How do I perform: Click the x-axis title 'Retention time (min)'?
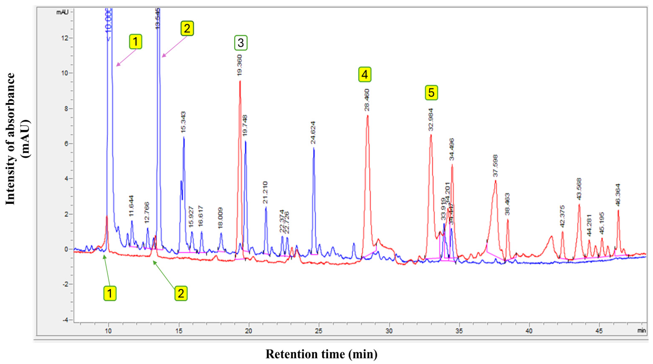click(321, 354)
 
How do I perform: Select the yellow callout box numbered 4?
click(365, 74)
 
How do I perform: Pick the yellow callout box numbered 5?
click(431, 93)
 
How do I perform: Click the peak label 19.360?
click(239, 65)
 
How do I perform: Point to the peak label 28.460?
click(367, 100)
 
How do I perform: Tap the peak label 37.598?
click(495, 166)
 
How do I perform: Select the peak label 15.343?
click(183, 122)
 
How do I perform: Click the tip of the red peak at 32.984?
click(431, 135)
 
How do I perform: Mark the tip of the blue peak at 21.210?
click(266, 207)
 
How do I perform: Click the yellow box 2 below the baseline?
click(181, 293)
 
